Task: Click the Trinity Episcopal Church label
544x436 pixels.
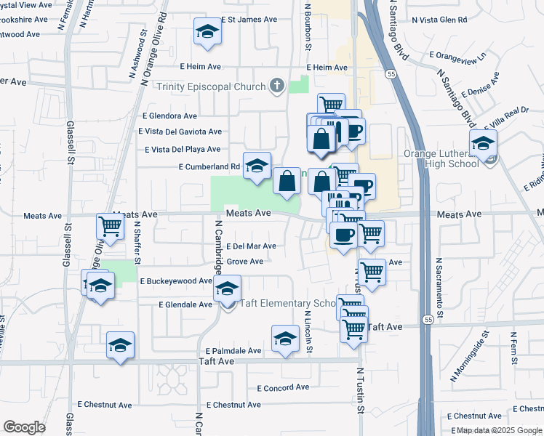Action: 212,87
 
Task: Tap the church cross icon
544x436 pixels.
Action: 276,86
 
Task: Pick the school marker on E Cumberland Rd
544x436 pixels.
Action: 256,167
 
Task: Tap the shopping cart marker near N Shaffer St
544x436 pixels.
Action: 110,227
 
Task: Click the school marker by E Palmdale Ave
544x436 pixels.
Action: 285,339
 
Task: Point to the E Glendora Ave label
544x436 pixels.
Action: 170,116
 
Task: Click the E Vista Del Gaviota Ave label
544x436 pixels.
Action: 180,132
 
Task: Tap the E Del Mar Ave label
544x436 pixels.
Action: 251,246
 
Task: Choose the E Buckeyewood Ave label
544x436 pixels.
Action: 176,280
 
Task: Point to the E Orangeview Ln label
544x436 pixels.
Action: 458,55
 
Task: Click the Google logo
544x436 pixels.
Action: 25,427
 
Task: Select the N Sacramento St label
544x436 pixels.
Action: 439,279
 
